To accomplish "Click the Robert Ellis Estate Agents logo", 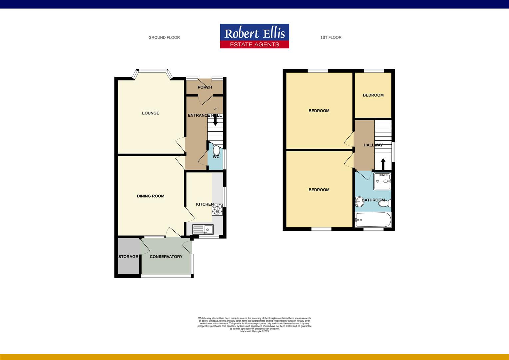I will coord(254,36).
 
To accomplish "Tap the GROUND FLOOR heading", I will coord(164,38).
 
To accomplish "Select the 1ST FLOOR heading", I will coord(330,38).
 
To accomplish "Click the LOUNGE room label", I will coord(151,113).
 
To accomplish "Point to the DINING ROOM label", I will coord(151,196).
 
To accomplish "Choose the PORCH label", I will coord(205,87).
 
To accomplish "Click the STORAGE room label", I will coord(128,257).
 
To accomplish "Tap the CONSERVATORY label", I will coord(166,257).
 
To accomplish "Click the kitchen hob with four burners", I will coord(217,209).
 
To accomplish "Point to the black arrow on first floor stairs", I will coord(383,164).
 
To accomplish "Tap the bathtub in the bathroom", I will coord(373,220).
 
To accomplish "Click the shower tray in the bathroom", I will coord(382,181).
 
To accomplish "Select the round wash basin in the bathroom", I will coord(359,201).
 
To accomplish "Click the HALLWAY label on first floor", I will coord(373,145).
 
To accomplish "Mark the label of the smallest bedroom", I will coord(373,95).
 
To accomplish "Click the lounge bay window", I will coord(153,71).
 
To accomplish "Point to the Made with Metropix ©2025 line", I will coord(254,331).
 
